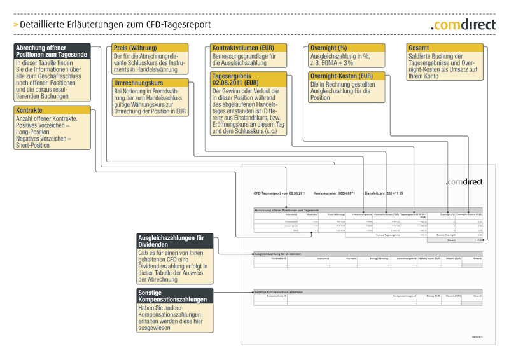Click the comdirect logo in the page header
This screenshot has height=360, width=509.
464,24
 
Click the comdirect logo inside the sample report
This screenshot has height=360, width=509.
464,182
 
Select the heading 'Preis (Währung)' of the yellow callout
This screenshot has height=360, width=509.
135,48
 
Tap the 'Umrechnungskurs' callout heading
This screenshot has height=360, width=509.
138,83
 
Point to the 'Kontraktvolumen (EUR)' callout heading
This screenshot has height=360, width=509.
243,48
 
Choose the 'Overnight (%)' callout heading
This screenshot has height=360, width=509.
328,48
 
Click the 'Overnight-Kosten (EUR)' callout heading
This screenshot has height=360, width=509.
341,76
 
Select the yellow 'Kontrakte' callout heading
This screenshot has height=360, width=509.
29,110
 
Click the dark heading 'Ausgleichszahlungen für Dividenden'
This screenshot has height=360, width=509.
171,240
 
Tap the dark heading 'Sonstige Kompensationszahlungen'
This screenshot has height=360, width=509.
172,296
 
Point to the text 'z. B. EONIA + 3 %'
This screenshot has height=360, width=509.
332,63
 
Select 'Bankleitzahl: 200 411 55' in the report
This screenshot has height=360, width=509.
384,193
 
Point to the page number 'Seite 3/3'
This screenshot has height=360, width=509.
477,336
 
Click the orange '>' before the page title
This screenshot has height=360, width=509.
16,25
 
